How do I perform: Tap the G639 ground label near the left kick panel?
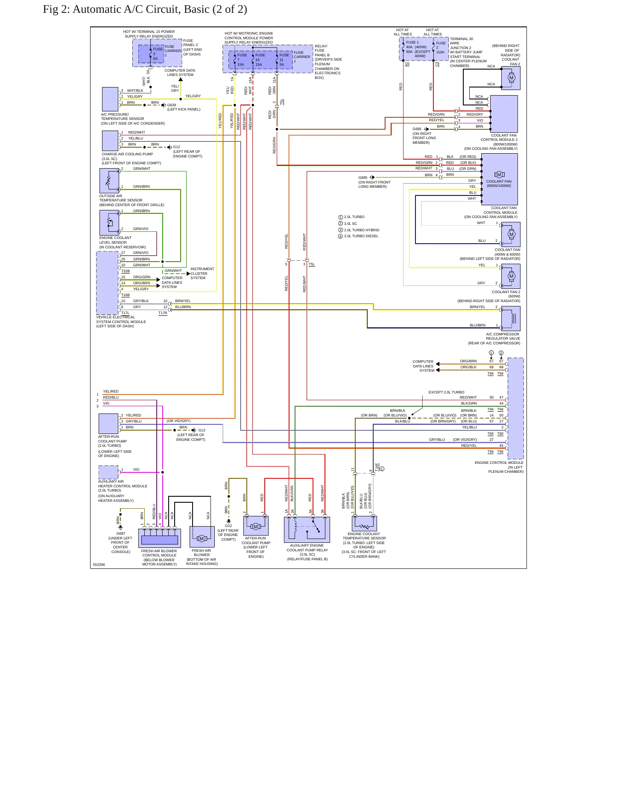172,105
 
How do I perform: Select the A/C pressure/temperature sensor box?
110,99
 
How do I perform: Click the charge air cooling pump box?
110,141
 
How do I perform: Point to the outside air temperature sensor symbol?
109,181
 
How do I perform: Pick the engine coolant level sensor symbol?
109,222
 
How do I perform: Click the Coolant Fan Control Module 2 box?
504,114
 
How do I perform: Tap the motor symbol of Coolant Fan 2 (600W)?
511,276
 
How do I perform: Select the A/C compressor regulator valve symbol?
511,318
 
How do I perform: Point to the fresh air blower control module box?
160,538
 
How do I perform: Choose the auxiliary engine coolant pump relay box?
307,530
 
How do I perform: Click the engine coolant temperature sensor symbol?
364,524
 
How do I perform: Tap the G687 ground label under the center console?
121,533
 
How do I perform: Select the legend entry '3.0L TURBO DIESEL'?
361,236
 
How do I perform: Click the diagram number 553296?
99,565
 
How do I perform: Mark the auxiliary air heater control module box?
108,472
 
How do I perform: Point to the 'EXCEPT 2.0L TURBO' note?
446,392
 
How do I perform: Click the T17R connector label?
163,313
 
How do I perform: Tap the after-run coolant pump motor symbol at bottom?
256,526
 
